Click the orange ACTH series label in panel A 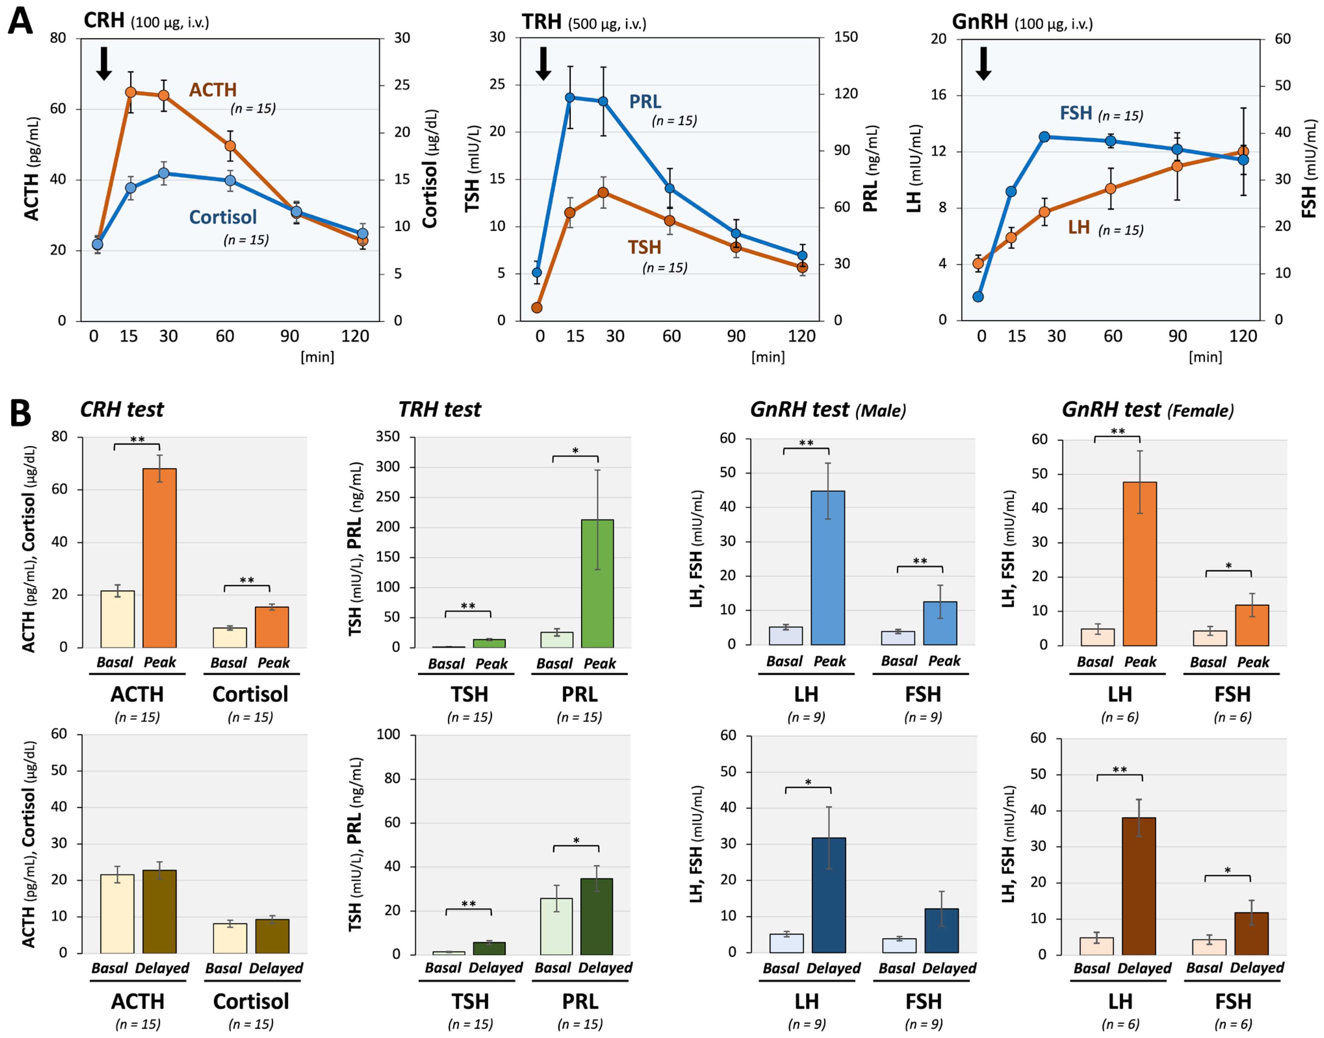pyautogui.click(x=213, y=90)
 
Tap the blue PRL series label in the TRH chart pyautogui.click(x=645, y=101)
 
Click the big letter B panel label pyautogui.click(x=21, y=413)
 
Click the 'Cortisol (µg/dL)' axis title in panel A pyautogui.click(x=430, y=169)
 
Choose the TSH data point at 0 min pyautogui.click(x=537, y=308)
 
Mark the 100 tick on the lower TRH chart pyautogui.click(x=389, y=734)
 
